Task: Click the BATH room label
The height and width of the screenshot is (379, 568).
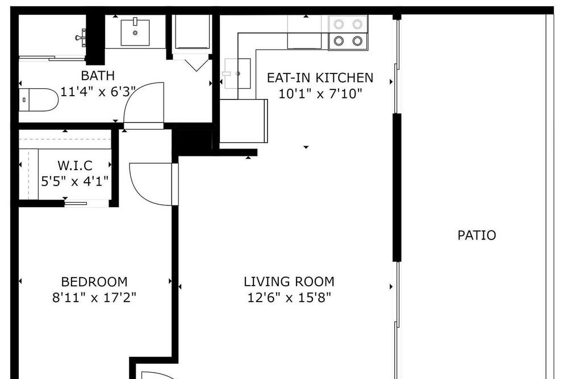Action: click(x=98, y=76)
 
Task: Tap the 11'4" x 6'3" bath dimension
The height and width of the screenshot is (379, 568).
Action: click(x=98, y=92)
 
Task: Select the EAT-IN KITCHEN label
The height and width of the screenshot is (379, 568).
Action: click(x=320, y=78)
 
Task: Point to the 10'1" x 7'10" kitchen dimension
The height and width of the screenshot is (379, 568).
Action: click(x=320, y=94)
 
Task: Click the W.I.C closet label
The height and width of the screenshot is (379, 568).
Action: click(x=75, y=166)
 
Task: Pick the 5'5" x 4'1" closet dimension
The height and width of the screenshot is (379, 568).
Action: click(x=75, y=181)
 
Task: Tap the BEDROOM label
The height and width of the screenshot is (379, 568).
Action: click(x=94, y=282)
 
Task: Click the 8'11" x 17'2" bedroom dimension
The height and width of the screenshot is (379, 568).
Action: click(x=94, y=298)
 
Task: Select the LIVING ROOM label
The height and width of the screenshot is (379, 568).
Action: click(x=289, y=282)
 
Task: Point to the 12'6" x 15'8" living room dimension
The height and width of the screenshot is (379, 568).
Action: click(x=289, y=298)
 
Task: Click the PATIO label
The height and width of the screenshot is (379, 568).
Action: click(x=477, y=235)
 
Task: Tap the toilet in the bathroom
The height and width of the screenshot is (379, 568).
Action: click(x=39, y=100)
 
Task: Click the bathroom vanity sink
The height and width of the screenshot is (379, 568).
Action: click(x=135, y=32)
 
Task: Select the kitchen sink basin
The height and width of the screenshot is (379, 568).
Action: click(x=237, y=74)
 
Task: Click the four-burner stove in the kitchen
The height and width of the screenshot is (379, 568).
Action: click(x=348, y=32)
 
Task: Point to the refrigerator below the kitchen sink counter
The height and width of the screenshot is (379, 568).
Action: click(x=244, y=121)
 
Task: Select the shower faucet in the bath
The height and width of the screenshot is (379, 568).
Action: click(x=81, y=38)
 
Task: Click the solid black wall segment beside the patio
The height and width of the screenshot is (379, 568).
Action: click(x=397, y=187)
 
